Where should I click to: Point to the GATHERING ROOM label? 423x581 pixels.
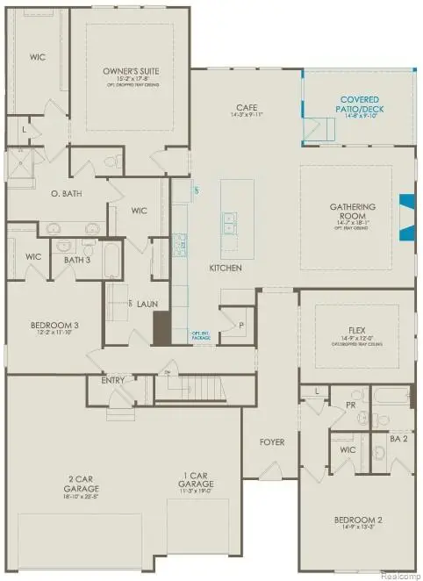(x=353, y=212)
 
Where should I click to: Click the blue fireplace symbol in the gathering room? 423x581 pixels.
(x=405, y=217)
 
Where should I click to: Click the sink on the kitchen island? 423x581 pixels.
(x=231, y=224)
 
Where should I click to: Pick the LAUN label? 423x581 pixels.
(x=147, y=303)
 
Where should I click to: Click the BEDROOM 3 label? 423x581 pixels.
(x=55, y=326)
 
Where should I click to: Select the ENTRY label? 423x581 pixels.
(x=112, y=380)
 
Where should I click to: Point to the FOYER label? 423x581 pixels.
(x=272, y=441)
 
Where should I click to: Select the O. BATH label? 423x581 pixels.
(x=67, y=193)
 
